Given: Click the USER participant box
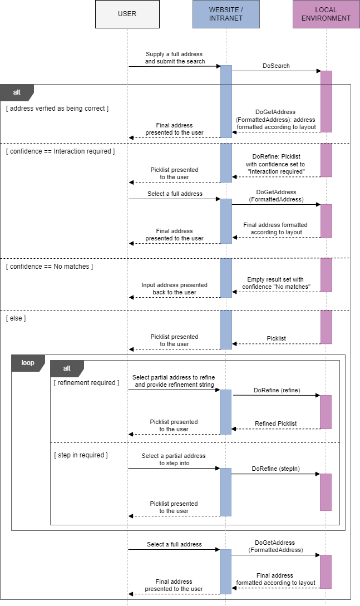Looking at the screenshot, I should [127, 14].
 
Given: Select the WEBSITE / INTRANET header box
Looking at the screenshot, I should [226, 14].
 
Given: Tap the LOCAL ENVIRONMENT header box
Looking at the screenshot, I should [326, 14].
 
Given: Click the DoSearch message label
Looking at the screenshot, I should [276, 66].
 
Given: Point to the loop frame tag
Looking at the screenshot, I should [28, 363].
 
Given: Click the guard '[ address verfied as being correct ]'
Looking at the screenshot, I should [57, 109].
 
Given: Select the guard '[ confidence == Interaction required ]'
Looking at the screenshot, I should [60, 151].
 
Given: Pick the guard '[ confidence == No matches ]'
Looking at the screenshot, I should [50, 267].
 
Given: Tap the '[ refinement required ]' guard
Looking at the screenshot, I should [86, 383].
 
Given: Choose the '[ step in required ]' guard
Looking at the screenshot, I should [81, 455].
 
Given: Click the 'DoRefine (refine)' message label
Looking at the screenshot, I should [277, 391].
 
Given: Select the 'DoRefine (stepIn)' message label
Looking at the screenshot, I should [276, 469].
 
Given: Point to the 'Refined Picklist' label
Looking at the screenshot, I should [275, 423].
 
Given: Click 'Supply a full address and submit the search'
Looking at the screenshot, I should [175, 58].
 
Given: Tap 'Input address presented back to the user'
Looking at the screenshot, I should [174, 288].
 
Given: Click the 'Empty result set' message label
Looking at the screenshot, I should [276, 283].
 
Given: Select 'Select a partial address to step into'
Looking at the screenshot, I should [174, 459].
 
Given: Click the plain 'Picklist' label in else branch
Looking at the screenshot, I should [276, 338].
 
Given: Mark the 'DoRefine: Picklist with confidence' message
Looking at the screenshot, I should [276, 164].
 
